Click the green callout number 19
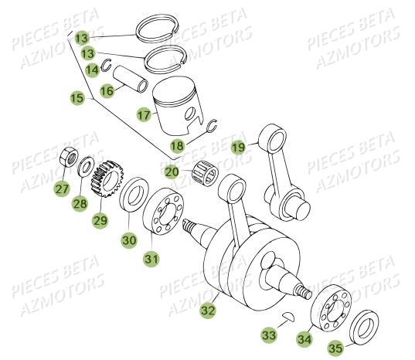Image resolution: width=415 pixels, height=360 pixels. tap(238, 148)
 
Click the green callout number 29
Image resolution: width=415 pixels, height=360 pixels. tap(100, 220)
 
